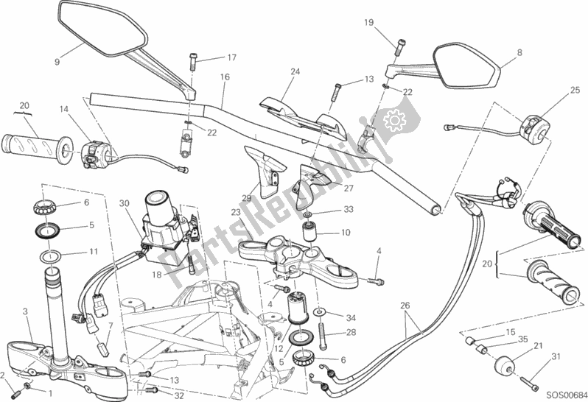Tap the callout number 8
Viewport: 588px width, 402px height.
pyautogui.click(x=520, y=52)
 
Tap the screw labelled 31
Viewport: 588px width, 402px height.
pyautogui.click(x=531, y=381)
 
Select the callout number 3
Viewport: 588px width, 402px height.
pyautogui.click(x=25, y=313)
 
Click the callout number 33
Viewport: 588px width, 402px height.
pyautogui.click(x=349, y=210)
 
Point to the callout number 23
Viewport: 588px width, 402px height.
pyautogui.click(x=235, y=212)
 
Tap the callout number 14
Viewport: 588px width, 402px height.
pyautogui.click(x=64, y=110)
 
